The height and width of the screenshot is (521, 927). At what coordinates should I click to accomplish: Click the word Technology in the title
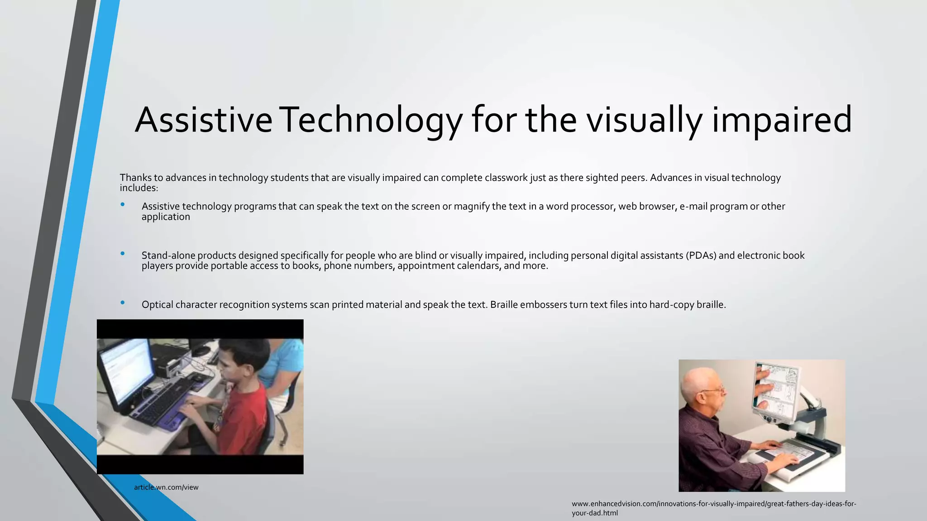pos(370,120)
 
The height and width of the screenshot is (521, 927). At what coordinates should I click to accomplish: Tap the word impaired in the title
pos(782,120)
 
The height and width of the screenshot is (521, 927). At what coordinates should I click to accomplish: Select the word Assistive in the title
pos(203,120)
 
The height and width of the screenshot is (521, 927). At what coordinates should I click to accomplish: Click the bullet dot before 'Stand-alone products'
pos(123,254)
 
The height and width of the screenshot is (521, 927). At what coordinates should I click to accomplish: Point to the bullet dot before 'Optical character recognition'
pos(123,303)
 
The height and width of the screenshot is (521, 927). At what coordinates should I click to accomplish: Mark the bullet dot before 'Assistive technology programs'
pos(123,204)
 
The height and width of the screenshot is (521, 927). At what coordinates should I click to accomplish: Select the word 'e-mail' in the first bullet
pos(693,207)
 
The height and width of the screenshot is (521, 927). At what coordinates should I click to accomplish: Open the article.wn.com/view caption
pos(166,488)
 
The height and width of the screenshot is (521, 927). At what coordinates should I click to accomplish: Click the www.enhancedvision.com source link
pos(714,504)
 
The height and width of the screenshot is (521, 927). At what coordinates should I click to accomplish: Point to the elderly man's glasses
pos(714,389)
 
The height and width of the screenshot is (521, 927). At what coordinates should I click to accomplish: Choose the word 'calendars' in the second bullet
pos(478,266)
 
